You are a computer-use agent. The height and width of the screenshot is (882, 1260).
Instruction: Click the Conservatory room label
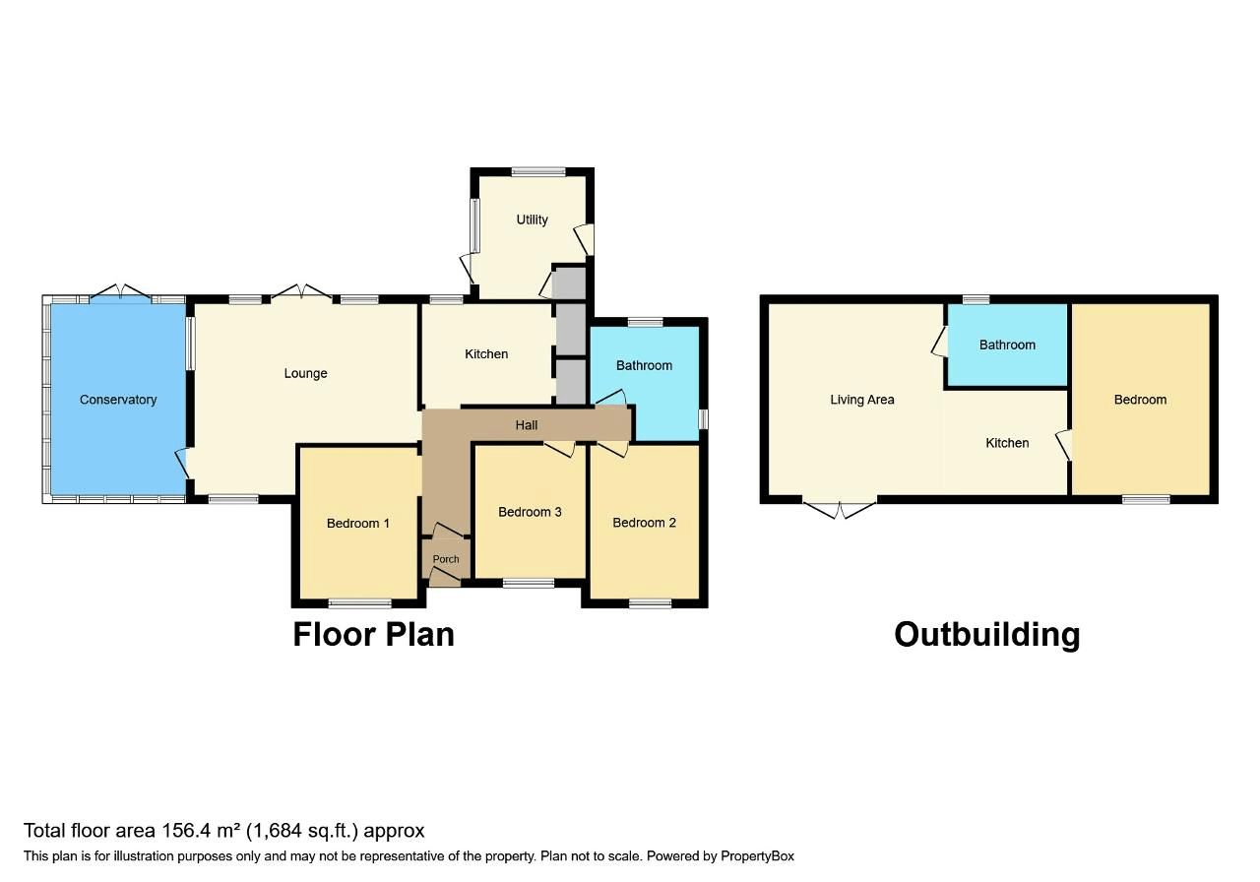point(118,400)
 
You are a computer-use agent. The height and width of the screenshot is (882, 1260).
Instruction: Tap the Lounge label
point(305,374)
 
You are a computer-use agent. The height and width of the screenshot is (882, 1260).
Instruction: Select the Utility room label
point(533,220)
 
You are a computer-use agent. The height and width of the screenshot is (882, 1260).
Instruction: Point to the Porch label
point(446,559)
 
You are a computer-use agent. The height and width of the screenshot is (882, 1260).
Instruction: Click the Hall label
point(527,425)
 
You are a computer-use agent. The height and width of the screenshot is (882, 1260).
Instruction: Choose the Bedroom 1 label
point(358,524)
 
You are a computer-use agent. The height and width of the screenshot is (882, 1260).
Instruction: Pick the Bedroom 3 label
point(530,512)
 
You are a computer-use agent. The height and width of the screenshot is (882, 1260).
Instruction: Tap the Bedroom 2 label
point(644,523)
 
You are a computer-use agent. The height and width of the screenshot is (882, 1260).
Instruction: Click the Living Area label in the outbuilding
point(862,400)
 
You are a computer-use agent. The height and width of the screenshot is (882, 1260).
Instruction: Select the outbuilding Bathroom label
point(1007,345)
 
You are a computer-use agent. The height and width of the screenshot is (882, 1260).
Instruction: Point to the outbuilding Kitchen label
point(1007,443)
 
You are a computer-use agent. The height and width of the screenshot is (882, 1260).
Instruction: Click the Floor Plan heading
point(373,635)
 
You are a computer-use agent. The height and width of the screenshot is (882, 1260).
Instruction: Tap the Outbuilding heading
point(987,635)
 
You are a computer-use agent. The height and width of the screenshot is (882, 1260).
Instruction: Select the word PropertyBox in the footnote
point(758,856)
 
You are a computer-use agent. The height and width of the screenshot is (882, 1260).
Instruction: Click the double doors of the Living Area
point(840,509)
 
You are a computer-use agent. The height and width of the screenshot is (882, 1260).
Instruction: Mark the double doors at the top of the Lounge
point(301,291)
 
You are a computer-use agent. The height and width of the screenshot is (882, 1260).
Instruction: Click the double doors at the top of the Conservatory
point(120,291)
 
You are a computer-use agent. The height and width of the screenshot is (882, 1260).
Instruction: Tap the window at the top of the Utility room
point(538,171)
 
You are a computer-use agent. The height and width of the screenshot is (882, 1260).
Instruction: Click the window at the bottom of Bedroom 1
point(360,603)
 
